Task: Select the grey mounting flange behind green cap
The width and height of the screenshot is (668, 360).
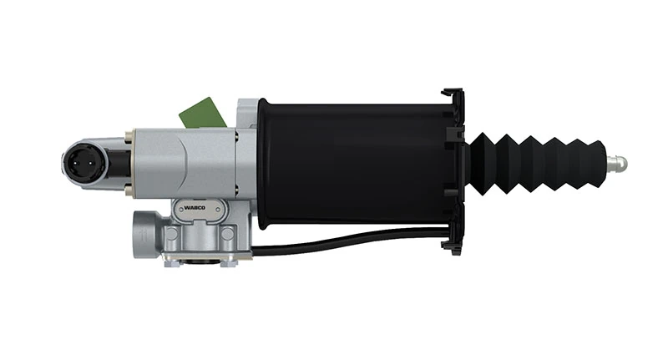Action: [x=247, y=109]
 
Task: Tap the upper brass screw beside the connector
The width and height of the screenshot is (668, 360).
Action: [x=129, y=136]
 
